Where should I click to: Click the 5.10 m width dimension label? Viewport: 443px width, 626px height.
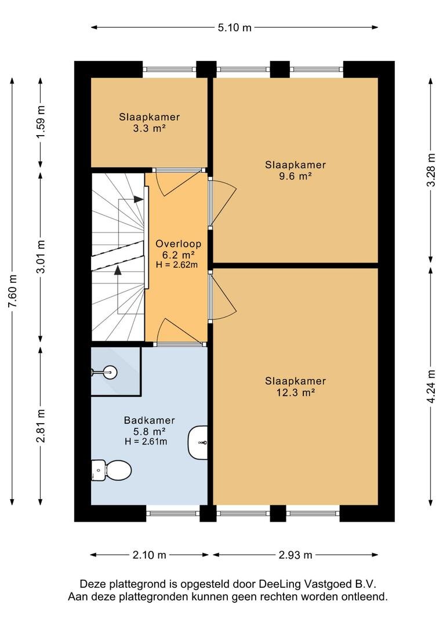point(234,28)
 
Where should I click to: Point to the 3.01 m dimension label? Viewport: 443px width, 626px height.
point(41,257)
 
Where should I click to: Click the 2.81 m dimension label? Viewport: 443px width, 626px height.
point(41,426)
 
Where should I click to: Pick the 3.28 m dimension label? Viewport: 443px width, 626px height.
point(431,170)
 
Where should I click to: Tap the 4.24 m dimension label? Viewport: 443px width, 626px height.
point(431,387)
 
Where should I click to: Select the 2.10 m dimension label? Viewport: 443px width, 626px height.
point(149,555)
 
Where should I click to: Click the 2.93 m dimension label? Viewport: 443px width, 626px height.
point(295,555)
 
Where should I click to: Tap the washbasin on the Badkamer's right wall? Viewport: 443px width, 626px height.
point(198,443)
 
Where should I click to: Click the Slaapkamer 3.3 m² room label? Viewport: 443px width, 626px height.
point(149,122)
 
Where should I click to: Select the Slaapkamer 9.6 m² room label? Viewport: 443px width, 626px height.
point(295,170)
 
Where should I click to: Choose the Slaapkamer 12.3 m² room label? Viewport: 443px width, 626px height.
point(295,387)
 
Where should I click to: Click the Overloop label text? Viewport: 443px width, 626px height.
point(178,244)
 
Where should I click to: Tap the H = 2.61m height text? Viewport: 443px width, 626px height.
point(146,442)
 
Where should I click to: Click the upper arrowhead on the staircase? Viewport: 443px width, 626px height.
point(139,199)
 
